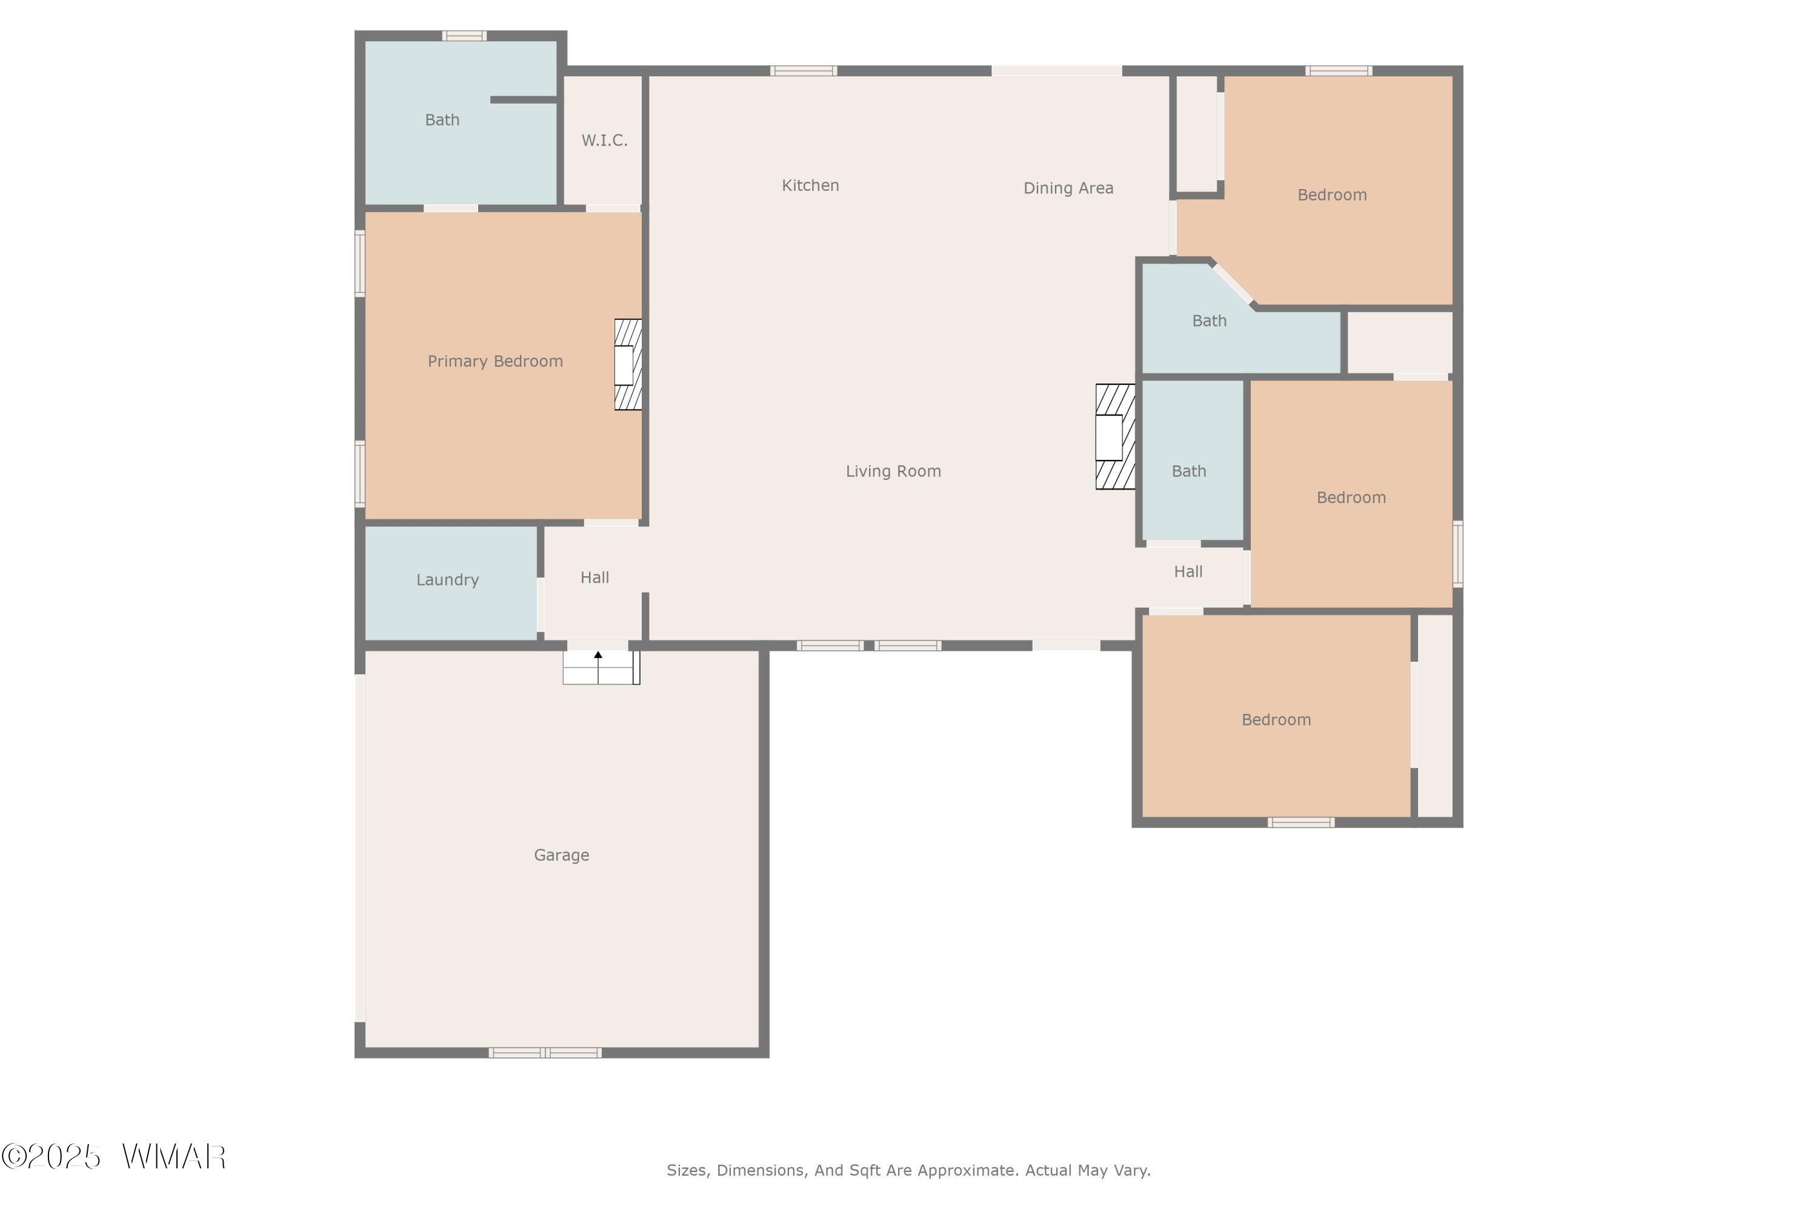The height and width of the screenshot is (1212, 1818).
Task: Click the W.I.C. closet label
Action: coord(604,141)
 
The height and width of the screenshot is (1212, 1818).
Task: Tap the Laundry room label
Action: coord(448,580)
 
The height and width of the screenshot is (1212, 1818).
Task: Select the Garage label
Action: coord(561,855)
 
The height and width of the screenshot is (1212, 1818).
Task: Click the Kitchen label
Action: coord(810,185)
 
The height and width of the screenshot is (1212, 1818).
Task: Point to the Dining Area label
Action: coord(1068,188)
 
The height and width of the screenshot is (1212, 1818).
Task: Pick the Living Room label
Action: coord(893,471)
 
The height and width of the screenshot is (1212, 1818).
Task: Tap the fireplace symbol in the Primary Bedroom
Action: coord(628,365)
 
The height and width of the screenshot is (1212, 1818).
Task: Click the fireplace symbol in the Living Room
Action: coord(1114,437)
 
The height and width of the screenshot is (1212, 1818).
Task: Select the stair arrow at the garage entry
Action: coord(598,656)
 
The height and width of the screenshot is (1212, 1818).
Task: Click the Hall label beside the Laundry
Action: coord(594,578)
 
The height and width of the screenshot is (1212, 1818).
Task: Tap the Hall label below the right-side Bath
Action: coord(1188,572)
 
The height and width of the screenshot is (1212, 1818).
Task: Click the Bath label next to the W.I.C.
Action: coord(442,120)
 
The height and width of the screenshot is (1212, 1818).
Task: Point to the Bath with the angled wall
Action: coord(1209,321)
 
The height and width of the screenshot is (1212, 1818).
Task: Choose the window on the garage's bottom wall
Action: coord(545,1052)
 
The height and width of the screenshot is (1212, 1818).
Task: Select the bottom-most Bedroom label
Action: coord(1276,720)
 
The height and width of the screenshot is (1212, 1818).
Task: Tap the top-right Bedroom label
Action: coord(1332,195)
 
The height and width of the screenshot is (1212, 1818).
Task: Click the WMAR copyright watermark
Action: coord(114,1157)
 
